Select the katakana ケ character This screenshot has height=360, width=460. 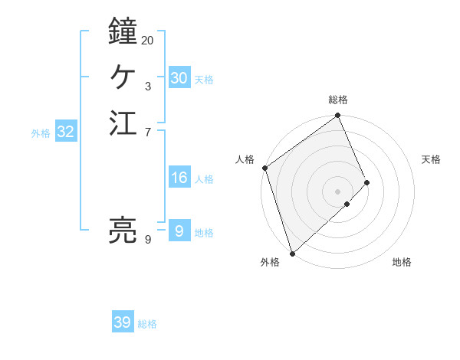pyautogui.click(x=123, y=77)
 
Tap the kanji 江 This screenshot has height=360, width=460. pyautogui.click(x=123, y=123)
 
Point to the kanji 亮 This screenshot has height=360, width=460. pyautogui.click(x=123, y=230)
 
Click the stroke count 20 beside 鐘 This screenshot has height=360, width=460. pyautogui.click(x=148, y=40)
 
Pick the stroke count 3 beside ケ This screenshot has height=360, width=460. pyautogui.click(x=148, y=87)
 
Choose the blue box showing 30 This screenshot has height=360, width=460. pyautogui.click(x=179, y=78)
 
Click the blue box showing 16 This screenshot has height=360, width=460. pyautogui.click(x=179, y=178)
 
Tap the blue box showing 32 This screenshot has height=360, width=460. pyautogui.click(x=66, y=132)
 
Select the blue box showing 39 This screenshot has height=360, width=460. pyautogui.click(x=122, y=322)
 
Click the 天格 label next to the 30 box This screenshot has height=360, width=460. pyautogui.click(x=204, y=80)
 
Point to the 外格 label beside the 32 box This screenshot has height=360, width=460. pyautogui.click(x=41, y=133)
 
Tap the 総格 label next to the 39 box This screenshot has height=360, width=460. pyautogui.click(x=147, y=324)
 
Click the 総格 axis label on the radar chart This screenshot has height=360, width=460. pyautogui.click(x=338, y=100)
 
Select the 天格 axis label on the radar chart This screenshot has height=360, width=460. pyautogui.click(x=431, y=159)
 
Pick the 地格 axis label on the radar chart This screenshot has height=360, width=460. pyautogui.click(x=402, y=262)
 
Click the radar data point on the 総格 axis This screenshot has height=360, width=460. pyautogui.click(x=338, y=116)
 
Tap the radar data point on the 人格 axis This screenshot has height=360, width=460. pyautogui.click(x=264, y=168)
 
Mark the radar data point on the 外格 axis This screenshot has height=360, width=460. pyautogui.click(x=292, y=253)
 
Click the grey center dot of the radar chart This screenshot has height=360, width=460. pyautogui.click(x=337, y=191)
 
